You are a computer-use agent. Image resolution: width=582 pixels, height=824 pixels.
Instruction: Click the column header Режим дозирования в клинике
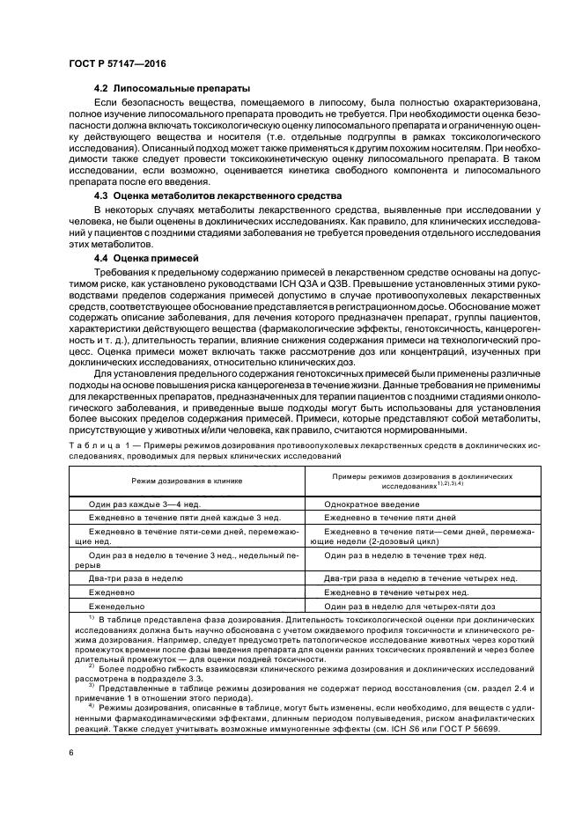tap(187, 482)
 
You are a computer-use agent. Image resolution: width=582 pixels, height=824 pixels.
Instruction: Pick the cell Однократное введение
tap(372, 504)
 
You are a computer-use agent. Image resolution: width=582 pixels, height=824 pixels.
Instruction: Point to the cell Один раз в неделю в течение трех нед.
tap(405, 556)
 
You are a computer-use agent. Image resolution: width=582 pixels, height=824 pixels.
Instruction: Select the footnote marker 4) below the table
tap(92, 706)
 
